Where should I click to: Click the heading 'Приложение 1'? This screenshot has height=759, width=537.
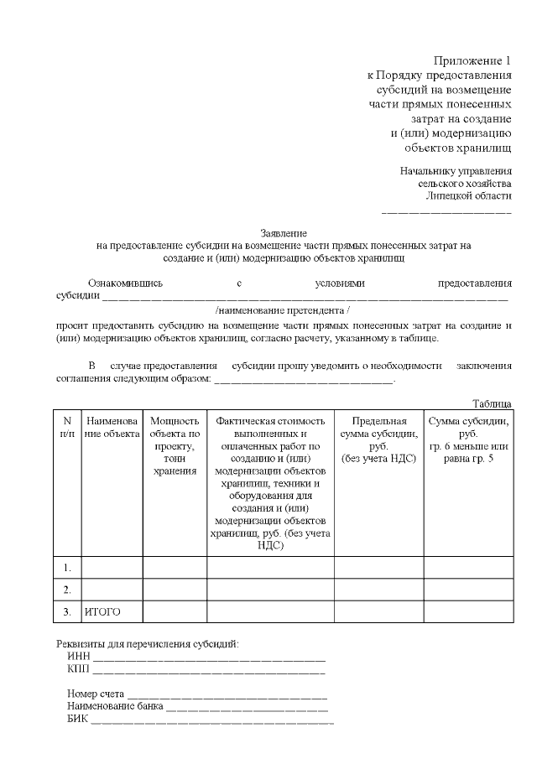pos(472,60)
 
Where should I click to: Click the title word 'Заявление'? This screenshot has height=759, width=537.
pos(284,233)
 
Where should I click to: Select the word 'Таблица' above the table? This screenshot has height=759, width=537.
pos(492,403)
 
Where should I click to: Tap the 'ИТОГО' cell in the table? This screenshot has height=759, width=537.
pos(102,612)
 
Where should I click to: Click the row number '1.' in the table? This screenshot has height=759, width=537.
pos(66,568)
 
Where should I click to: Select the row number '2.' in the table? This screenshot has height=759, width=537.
pos(66,590)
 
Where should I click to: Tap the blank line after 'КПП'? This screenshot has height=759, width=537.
pos(209,672)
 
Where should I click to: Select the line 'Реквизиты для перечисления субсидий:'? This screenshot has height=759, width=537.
pos(148,643)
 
